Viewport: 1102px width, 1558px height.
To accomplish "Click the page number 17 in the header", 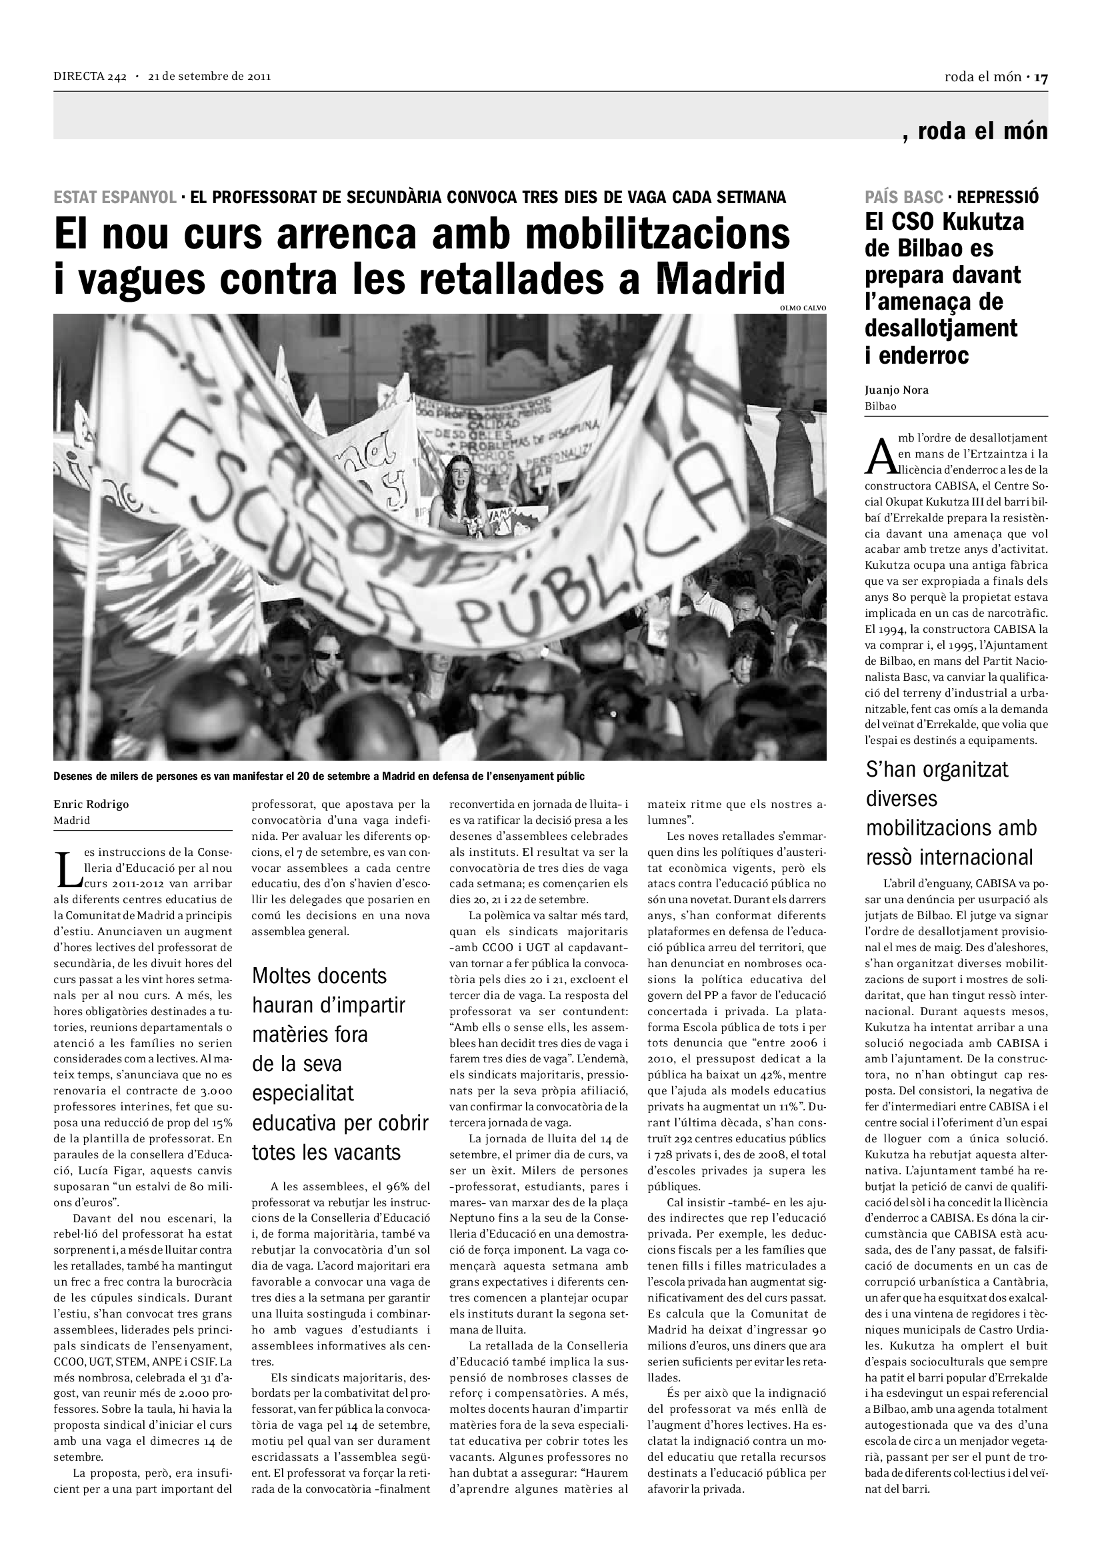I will pyautogui.click(x=1041, y=77).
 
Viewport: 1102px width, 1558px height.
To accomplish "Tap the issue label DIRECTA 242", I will pyautogui.click(x=90, y=77).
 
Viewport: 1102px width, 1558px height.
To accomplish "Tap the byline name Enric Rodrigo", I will pyautogui.click(x=91, y=804).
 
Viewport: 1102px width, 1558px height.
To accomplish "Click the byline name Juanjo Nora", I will pyautogui.click(x=896, y=390).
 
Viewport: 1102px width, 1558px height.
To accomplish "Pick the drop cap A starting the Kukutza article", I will pyautogui.click(x=879, y=456).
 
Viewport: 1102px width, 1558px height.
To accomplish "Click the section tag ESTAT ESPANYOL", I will pyautogui.click(x=115, y=197).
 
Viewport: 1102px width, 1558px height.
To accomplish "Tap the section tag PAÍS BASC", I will pyautogui.click(x=904, y=197).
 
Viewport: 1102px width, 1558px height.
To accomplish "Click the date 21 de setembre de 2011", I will pyautogui.click(x=210, y=77).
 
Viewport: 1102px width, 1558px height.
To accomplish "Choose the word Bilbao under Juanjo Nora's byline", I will pyautogui.click(x=881, y=406).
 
